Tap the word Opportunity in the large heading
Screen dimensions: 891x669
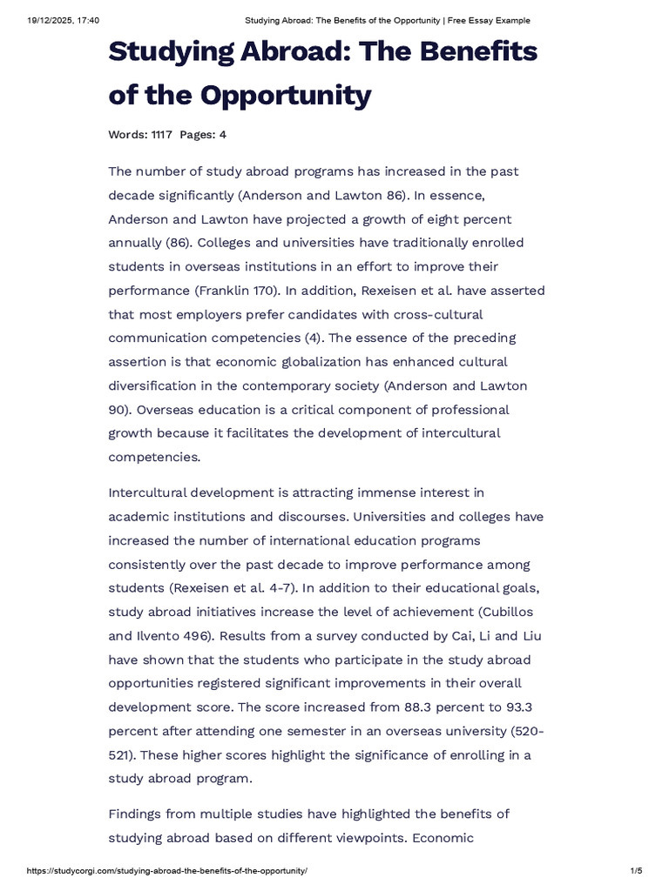pyautogui.click(x=299, y=94)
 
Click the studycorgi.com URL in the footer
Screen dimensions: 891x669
pyautogui.click(x=167, y=871)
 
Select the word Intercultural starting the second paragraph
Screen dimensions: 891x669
pyautogui.click(x=151, y=492)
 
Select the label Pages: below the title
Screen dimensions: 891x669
pyautogui.click(x=198, y=135)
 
